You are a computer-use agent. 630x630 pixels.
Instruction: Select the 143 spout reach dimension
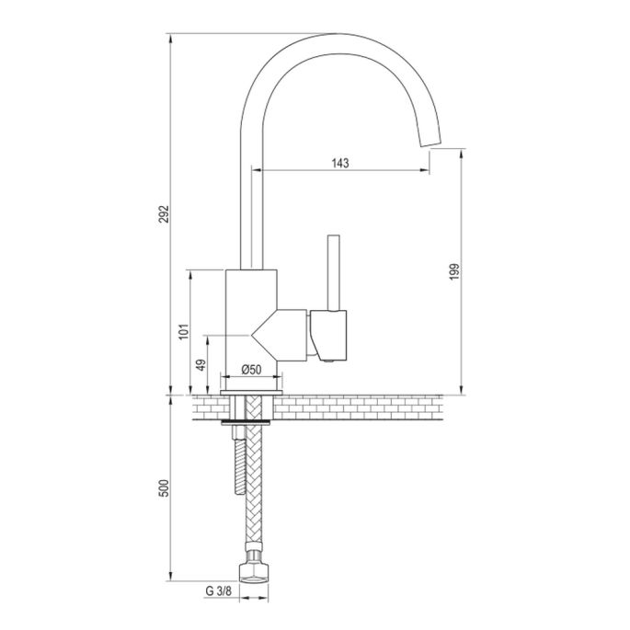point(339,163)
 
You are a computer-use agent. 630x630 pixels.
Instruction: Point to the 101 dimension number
point(184,332)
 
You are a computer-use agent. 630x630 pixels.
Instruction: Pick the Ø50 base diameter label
point(252,369)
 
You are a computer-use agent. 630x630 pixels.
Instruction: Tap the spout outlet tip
point(427,141)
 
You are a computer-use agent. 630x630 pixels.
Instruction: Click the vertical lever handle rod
point(334,272)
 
